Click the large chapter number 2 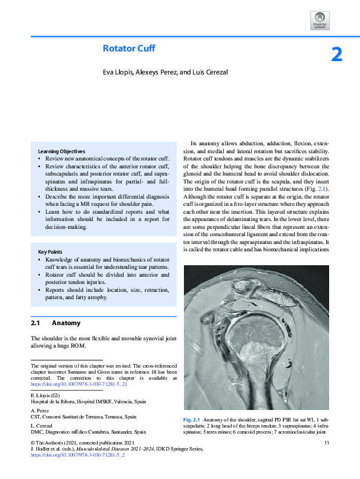click(x=337, y=55)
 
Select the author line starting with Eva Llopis click(x=165, y=73)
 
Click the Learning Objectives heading click(x=62, y=151)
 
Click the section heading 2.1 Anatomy click(x=56, y=323)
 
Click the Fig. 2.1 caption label click(x=191, y=420)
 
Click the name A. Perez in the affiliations click(x=39, y=411)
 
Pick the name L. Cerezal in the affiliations click(x=41, y=426)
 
